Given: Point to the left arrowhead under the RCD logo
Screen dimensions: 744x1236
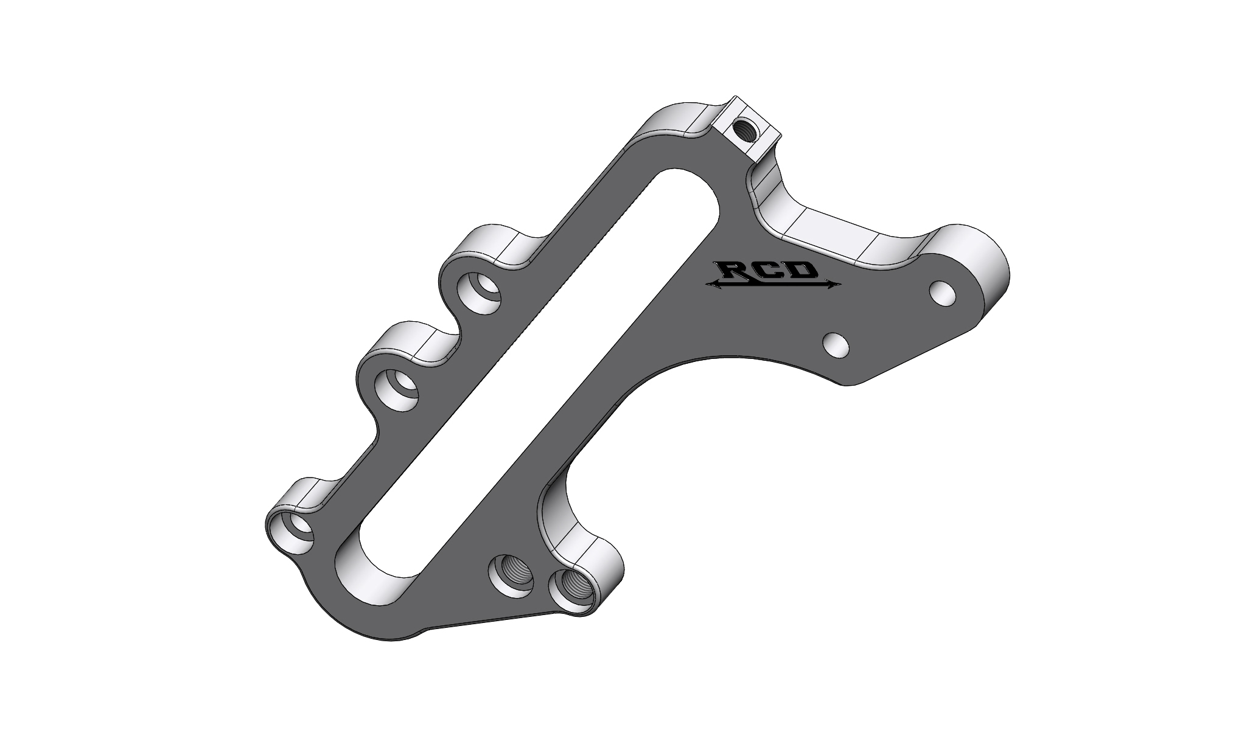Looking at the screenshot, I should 710,283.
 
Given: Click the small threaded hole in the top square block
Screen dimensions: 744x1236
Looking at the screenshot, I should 744,128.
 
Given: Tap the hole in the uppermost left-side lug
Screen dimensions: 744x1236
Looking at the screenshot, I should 480,293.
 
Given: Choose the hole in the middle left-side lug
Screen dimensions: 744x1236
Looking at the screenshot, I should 396,389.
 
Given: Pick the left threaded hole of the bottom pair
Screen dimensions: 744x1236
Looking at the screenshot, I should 511,574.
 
